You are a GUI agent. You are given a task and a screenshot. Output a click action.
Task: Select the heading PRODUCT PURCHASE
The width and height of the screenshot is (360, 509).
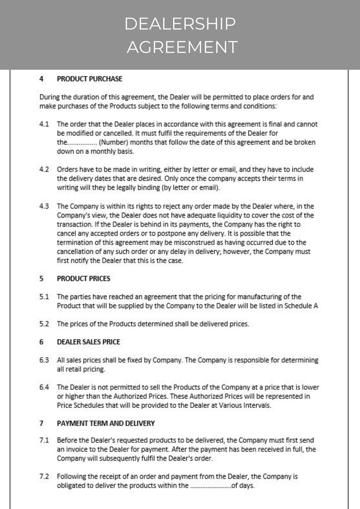pyautogui.click(x=89, y=79)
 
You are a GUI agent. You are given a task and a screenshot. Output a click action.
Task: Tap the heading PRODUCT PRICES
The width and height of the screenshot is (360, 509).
pyautogui.click(x=83, y=279)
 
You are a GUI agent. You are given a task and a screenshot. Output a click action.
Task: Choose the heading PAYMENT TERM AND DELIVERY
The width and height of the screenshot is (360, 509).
pyautogui.click(x=106, y=423)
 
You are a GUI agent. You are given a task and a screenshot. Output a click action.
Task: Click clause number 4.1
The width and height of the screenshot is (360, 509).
pyautogui.click(x=44, y=124)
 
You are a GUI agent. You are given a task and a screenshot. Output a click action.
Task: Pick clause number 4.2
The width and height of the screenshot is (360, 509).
pyautogui.click(x=44, y=170)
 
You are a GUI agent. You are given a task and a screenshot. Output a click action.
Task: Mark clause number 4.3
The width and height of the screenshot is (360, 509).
pyautogui.click(x=44, y=206)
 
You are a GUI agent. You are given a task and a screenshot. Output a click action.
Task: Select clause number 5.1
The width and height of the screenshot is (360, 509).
pyautogui.click(x=44, y=297)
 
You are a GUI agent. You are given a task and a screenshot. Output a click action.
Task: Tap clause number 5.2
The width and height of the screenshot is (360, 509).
pyautogui.click(x=44, y=324)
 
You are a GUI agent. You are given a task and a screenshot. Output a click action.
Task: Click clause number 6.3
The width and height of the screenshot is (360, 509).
pyautogui.click(x=44, y=360)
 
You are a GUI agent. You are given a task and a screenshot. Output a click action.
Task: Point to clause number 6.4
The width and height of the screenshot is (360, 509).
pyautogui.click(x=44, y=388)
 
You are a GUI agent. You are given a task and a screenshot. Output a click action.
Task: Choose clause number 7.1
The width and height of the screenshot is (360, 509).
pyautogui.click(x=44, y=441)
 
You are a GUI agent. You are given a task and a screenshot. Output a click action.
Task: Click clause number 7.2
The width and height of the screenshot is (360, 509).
pyautogui.click(x=44, y=477)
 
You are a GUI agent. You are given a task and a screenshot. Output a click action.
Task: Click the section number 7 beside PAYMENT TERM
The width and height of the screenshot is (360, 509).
pyautogui.click(x=41, y=423)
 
